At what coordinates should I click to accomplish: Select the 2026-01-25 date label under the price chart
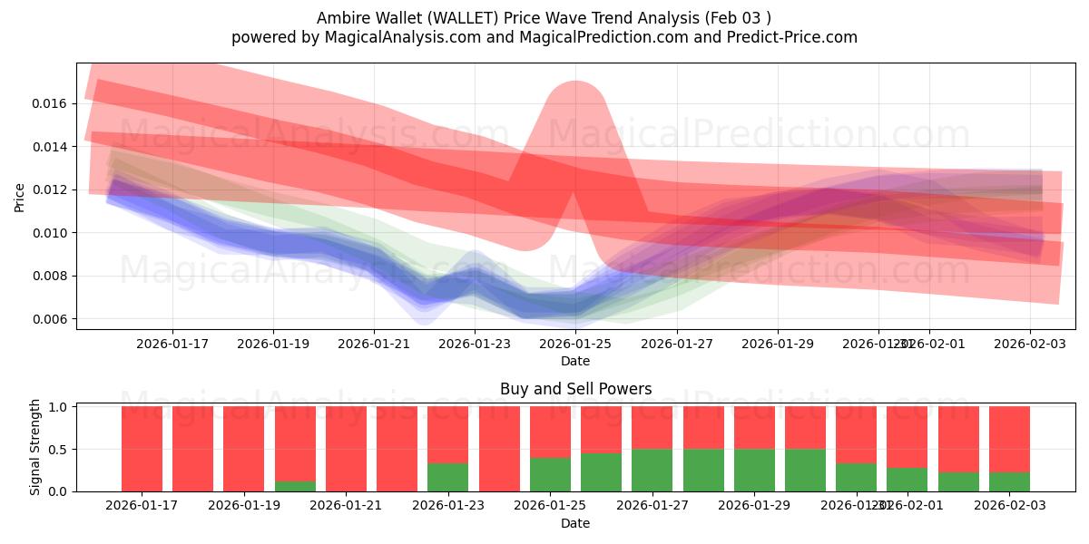pyautogui.click(x=575, y=344)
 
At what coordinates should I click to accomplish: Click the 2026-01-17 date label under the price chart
pyautogui.click(x=172, y=344)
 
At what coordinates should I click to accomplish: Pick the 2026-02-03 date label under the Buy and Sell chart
pyautogui.click(x=1008, y=505)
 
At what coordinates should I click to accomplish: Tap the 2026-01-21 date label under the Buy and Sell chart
pyautogui.click(x=346, y=505)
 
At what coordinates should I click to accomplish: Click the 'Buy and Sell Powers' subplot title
pyautogui.click(x=575, y=389)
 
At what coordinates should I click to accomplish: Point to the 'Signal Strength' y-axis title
pyautogui.click(x=35, y=448)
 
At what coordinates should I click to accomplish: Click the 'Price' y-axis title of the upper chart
pyautogui.click(x=20, y=197)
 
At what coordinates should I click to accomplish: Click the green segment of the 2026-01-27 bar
pyautogui.click(x=652, y=470)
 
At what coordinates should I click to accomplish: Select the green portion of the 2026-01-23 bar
pyautogui.click(x=447, y=477)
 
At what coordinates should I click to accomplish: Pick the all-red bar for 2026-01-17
pyautogui.click(x=142, y=449)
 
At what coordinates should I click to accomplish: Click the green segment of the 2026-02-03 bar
pyautogui.click(x=1009, y=481)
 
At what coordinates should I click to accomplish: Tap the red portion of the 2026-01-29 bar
pyautogui.click(x=754, y=427)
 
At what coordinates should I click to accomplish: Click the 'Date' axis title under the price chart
pyautogui.click(x=575, y=361)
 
